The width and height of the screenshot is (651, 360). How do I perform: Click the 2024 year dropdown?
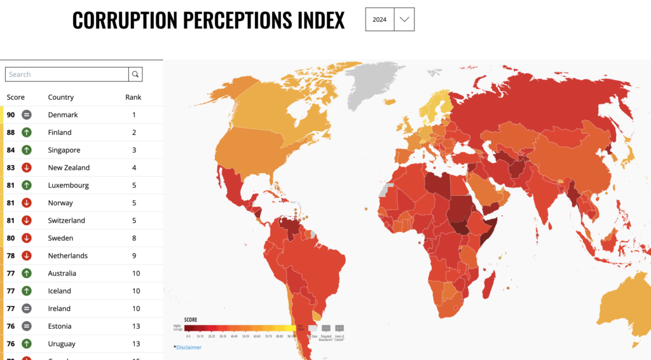389,20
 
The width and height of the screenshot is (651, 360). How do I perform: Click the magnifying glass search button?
135,74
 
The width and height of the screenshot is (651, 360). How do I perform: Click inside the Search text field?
67,74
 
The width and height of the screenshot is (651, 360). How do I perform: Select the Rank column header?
134,97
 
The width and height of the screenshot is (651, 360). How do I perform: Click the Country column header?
61,97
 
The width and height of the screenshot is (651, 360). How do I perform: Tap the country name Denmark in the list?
63,115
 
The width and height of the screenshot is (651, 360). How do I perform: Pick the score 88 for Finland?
11,132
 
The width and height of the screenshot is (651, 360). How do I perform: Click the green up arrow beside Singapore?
27,150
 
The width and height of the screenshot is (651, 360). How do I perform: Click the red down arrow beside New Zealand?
27,168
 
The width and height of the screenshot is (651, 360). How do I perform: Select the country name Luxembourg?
68,186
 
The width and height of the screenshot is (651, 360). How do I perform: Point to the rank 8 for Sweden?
134,239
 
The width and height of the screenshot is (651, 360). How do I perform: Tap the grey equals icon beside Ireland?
27,308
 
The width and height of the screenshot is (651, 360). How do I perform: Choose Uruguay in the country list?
62,344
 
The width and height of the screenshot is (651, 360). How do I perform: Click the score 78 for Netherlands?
11,256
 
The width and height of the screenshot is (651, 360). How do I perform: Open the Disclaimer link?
189,347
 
